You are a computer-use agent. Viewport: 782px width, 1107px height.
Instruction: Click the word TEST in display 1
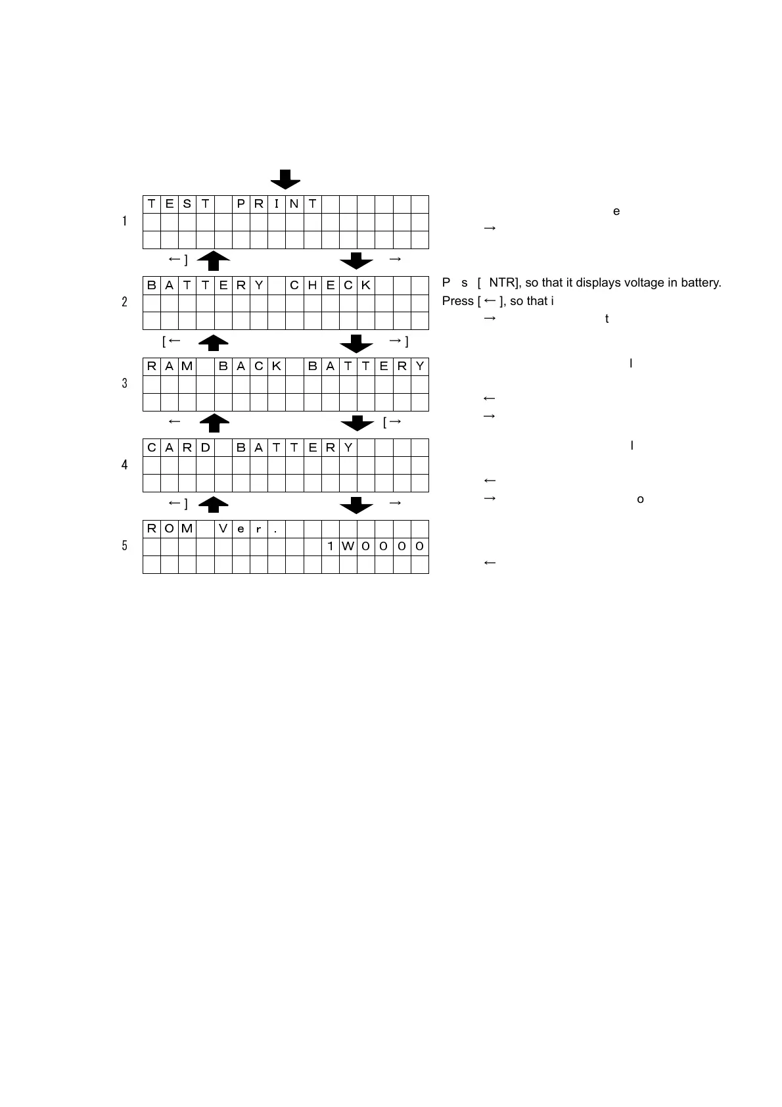point(178,204)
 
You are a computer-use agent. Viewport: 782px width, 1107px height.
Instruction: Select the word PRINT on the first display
point(277,204)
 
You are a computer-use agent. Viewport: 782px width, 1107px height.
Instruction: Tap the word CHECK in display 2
point(330,285)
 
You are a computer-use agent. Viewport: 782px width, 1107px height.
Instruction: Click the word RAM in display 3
point(170,366)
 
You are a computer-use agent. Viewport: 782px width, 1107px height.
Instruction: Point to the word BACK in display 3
point(250,366)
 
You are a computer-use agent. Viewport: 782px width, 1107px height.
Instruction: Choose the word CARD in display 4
point(178,448)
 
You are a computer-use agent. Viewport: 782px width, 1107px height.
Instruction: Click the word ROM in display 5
point(170,529)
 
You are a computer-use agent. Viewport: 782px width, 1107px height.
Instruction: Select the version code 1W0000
point(375,547)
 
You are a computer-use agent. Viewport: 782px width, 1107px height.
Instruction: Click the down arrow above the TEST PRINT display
point(286,179)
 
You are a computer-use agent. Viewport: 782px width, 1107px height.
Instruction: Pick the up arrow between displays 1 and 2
point(214,260)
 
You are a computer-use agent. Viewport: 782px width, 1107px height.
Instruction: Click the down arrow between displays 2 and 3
point(357,342)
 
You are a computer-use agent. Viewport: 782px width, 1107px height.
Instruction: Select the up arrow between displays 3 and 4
point(214,423)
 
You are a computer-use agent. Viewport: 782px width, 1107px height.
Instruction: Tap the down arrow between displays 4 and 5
point(357,505)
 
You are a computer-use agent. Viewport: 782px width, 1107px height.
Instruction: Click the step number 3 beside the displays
point(125,383)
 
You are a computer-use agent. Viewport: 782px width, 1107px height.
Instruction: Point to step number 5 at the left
point(125,546)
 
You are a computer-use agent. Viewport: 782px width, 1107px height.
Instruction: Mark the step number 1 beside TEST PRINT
point(125,222)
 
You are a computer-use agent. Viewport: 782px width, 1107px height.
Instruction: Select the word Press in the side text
point(458,301)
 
